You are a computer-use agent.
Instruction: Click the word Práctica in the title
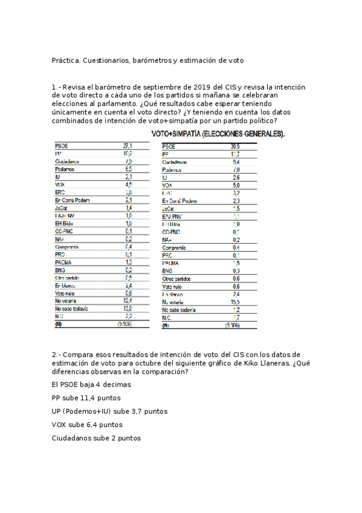point(66,60)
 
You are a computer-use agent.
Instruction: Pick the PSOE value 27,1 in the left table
point(128,146)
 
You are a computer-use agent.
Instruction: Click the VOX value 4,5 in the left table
point(128,185)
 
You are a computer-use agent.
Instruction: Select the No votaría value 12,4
point(127,301)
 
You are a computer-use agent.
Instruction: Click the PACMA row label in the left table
point(63,262)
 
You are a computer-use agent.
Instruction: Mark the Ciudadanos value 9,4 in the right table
point(236,162)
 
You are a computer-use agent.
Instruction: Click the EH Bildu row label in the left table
point(65,223)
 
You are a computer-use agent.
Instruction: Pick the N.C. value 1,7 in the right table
point(236,317)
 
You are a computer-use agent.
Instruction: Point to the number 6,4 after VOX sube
point(95,425)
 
